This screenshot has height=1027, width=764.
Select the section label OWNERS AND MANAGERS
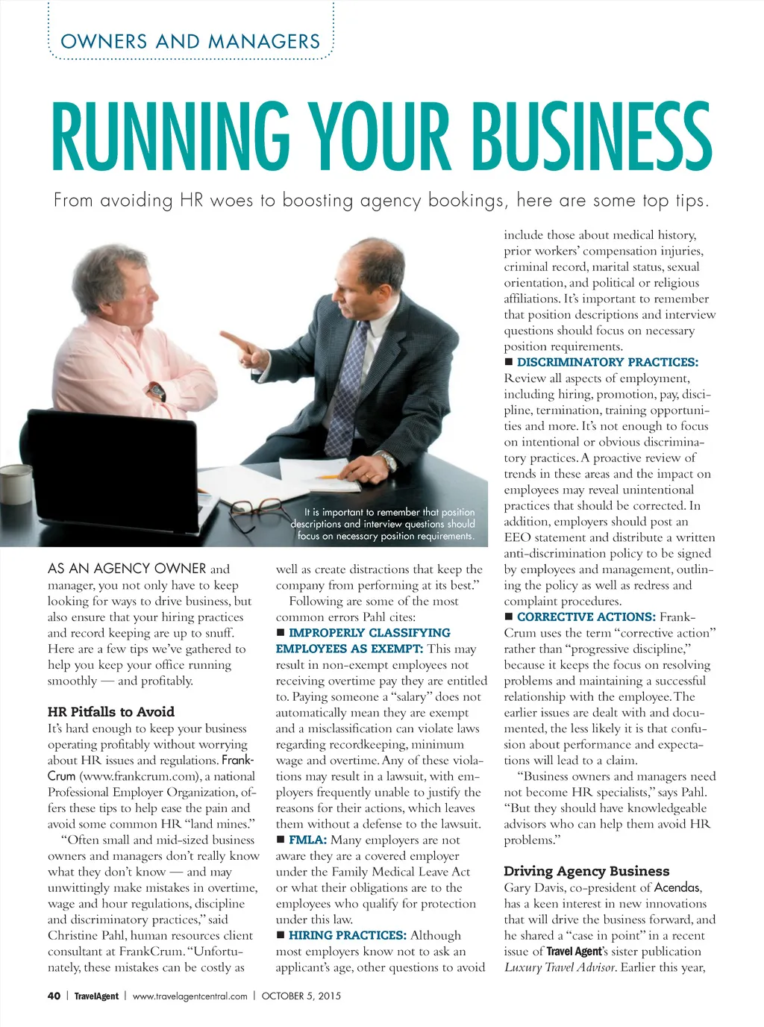click(x=190, y=42)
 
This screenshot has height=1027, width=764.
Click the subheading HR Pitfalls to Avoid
click(x=111, y=712)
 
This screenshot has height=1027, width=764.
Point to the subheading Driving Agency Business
click(x=586, y=871)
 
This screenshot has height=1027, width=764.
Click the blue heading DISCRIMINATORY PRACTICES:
click(x=607, y=363)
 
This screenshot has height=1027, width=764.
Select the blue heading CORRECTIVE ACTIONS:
click(x=586, y=617)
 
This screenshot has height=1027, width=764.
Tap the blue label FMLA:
click(x=307, y=840)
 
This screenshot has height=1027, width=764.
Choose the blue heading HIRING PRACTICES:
click(x=348, y=935)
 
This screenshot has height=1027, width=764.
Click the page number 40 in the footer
click(x=54, y=996)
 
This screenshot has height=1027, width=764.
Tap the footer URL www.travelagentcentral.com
click(x=190, y=996)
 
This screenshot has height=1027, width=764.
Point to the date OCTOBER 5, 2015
click(x=301, y=996)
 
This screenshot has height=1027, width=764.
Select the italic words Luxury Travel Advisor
click(x=560, y=967)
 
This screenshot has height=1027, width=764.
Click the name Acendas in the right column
click(x=677, y=887)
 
